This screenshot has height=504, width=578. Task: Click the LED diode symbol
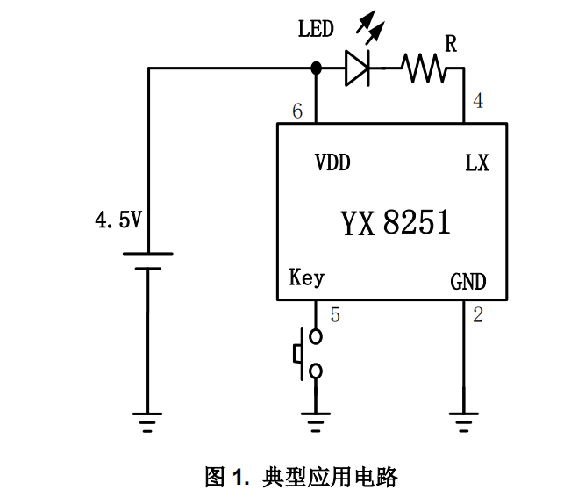click(357, 68)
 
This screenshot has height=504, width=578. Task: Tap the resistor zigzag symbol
click(425, 68)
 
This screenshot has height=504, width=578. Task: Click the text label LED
click(316, 30)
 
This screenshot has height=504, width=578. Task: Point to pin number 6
click(297, 112)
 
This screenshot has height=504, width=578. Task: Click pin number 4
click(477, 101)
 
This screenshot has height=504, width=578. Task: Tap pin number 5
click(334, 314)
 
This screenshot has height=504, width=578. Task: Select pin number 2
click(477, 314)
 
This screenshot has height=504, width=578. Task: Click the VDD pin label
click(333, 163)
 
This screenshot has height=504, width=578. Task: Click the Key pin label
click(306, 278)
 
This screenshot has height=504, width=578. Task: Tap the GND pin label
click(468, 282)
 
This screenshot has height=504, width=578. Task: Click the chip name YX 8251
click(395, 223)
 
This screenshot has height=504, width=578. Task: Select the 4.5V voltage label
click(118, 220)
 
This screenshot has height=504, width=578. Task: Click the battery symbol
click(147, 261)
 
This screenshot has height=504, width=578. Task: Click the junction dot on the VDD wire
click(316, 68)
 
